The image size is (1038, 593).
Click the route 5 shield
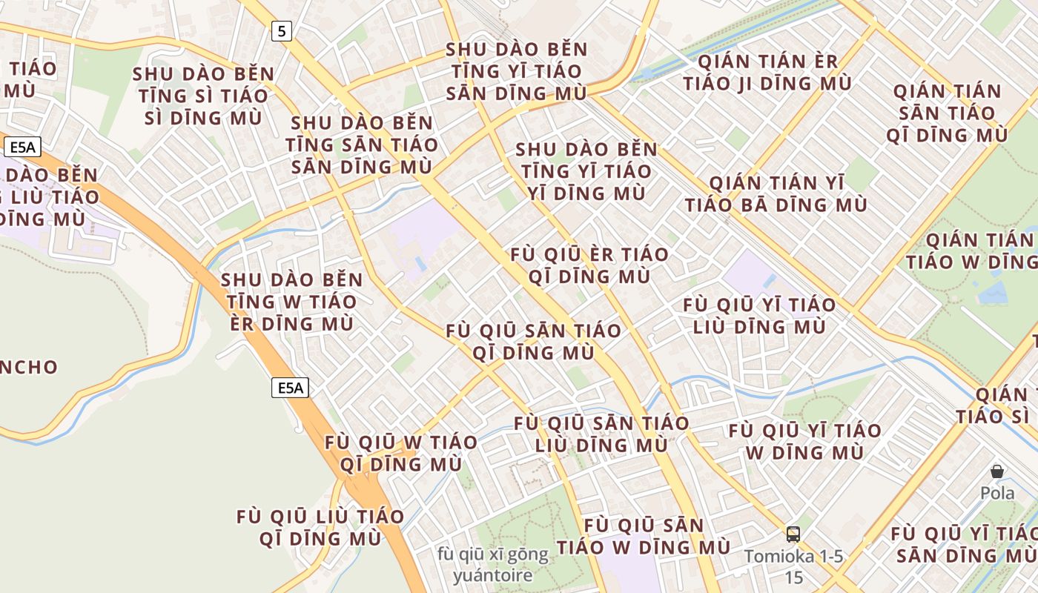point(281,31)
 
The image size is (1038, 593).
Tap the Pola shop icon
point(997,471)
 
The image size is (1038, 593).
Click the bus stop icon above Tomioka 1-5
point(793,534)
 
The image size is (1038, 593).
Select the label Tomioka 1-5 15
point(793,566)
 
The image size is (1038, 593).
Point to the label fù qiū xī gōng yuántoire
point(493,565)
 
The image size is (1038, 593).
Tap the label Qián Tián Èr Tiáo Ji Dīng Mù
point(767,73)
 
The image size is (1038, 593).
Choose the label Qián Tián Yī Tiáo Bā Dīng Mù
point(776,194)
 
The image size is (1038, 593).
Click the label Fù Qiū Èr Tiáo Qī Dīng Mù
point(589,265)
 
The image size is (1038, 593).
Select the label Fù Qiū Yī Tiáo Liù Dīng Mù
point(758,316)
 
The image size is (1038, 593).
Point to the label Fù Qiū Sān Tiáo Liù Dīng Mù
point(601,434)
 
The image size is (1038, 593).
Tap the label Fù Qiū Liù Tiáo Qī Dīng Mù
point(320,528)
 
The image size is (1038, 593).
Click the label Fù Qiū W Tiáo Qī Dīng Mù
point(400,453)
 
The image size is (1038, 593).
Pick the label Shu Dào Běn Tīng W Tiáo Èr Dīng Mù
point(291,302)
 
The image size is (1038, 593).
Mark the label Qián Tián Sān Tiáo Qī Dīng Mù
point(947,113)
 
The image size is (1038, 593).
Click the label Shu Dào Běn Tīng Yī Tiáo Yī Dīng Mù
point(586,171)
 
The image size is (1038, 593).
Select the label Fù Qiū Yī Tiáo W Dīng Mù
point(804,441)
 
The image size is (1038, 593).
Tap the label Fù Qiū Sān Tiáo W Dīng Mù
point(644,537)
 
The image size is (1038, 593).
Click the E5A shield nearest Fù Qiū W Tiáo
point(289,388)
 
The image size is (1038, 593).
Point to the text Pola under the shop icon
point(997,493)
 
